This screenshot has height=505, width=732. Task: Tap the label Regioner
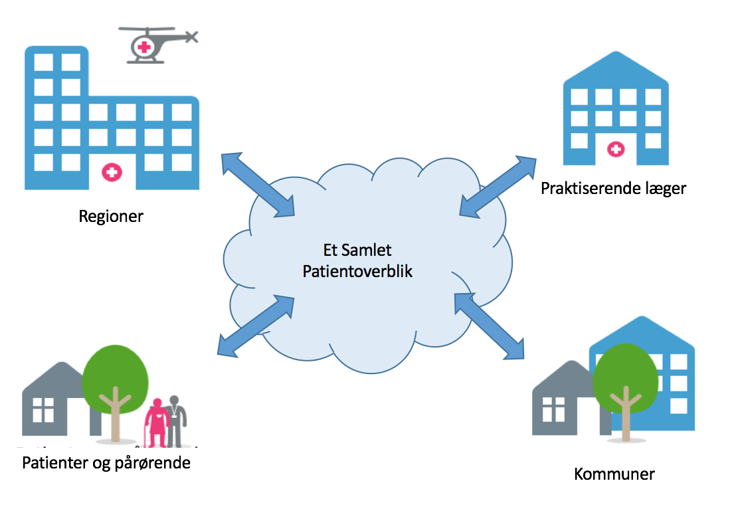pyautogui.click(x=111, y=217)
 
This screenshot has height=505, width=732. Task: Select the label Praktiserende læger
pyautogui.click(x=613, y=189)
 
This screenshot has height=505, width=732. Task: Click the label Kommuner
pyautogui.click(x=614, y=474)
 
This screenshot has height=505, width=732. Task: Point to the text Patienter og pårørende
pyautogui.click(x=106, y=462)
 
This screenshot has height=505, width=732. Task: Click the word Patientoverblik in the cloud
pyautogui.click(x=357, y=271)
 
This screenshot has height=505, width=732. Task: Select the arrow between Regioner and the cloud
pyautogui.click(x=258, y=185)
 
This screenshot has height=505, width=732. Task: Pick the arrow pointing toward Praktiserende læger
pyautogui.click(x=498, y=187)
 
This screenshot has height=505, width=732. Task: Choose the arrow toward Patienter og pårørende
pyautogui.click(x=256, y=326)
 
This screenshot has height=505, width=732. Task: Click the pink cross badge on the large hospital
pyautogui.click(x=111, y=173)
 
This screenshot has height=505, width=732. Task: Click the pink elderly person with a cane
pyautogui.click(x=157, y=423)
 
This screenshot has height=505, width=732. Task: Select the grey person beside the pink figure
pyautogui.click(x=177, y=421)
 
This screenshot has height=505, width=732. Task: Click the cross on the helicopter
pyautogui.click(x=143, y=47)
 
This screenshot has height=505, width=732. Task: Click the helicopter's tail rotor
pyautogui.click(x=191, y=37)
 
